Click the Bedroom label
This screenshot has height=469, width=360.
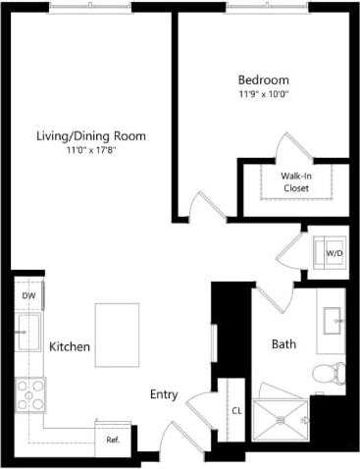pyautogui.click(x=263, y=78)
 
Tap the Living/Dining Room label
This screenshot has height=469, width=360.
pyautogui.click(x=105, y=135)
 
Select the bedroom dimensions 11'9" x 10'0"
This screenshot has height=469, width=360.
pyautogui.click(x=263, y=95)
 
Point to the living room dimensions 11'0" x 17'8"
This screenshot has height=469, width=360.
pyautogui.click(x=104, y=151)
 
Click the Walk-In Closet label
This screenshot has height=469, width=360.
pyautogui.click(x=296, y=180)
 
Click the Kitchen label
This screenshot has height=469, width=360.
pyautogui.click(x=71, y=347)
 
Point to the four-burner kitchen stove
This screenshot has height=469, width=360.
pyautogui.click(x=29, y=394)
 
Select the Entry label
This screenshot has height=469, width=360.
pyautogui.click(x=164, y=394)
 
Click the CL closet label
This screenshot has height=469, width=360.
pyautogui.click(x=236, y=411)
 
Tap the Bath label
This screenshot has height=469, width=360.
pyautogui.click(x=283, y=344)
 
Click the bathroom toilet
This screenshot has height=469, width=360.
pyautogui.click(x=329, y=374)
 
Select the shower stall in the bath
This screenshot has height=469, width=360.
pyautogui.click(x=283, y=420)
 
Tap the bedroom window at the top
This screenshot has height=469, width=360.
pyautogui.click(x=266, y=9)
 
